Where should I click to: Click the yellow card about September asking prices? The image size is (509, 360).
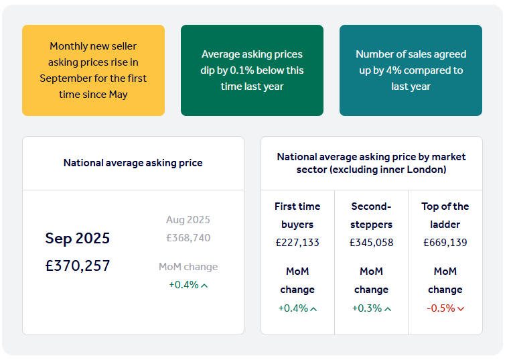93,70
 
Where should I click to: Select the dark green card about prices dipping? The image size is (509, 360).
252,70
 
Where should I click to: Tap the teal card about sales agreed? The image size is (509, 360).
411,70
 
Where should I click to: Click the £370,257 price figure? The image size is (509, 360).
78,265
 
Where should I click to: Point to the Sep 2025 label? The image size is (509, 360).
78,238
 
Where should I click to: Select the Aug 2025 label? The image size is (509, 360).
188,220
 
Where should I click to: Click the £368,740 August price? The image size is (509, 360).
188,238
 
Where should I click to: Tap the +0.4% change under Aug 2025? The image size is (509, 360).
184,285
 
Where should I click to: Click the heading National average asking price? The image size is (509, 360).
133,163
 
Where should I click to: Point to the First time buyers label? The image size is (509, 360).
297,215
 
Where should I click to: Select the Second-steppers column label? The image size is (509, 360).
371,215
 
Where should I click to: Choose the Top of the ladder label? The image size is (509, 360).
445,215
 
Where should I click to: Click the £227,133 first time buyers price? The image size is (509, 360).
297,243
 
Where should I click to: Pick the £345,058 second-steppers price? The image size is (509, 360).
371,243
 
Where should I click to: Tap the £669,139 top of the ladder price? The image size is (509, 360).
445,243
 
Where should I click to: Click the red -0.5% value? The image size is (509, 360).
441,308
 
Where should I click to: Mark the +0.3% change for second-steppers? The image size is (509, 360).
366,308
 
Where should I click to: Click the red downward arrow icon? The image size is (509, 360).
461,309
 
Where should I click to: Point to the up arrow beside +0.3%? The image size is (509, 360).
388,309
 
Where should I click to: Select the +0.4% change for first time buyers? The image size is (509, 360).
293,308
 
